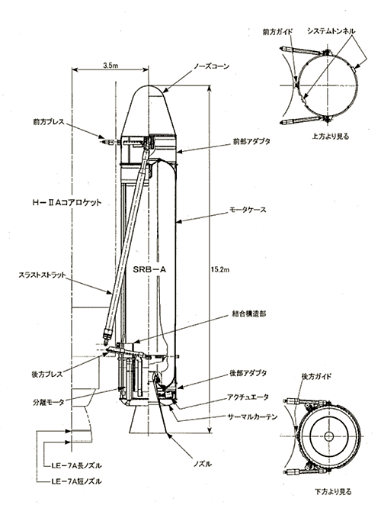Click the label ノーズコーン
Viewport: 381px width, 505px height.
click(x=211, y=66)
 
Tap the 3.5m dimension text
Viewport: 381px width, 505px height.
click(x=110, y=65)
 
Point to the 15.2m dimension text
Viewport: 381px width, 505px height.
click(x=220, y=269)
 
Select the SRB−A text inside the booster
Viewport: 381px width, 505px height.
click(x=149, y=270)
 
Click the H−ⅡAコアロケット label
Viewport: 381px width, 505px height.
click(x=67, y=203)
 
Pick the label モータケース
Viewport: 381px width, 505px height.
click(x=248, y=210)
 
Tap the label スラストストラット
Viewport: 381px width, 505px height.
click(x=42, y=275)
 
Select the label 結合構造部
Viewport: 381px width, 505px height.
click(x=248, y=314)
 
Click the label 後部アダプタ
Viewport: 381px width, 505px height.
click(x=248, y=373)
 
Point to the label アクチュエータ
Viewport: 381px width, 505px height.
click(x=248, y=397)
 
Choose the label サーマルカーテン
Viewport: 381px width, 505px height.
click(x=252, y=417)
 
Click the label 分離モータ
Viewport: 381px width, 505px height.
click(x=48, y=402)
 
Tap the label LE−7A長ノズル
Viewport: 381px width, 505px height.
click(x=77, y=465)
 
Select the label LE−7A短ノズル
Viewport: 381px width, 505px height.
click(x=77, y=482)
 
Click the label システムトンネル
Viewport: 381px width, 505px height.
click(x=331, y=31)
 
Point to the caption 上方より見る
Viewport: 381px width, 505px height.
click(x=331, y=137)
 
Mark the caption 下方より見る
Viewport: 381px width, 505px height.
click(x=333, y=492)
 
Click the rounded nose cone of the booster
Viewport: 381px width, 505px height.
click(x=149, y=110)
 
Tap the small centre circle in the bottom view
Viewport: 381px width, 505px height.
click(x=329, y=436)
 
